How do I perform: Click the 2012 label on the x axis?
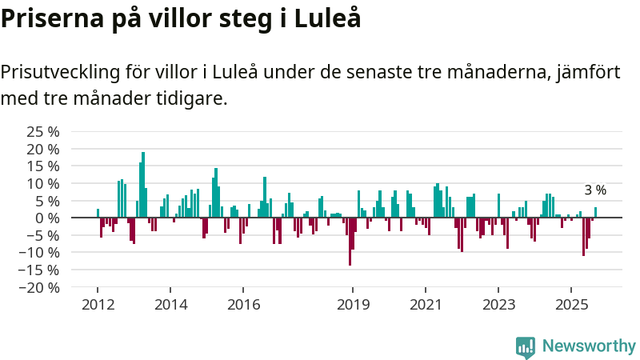(98, 305)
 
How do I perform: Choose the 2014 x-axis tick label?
(170, 305)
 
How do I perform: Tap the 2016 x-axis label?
(244, 305)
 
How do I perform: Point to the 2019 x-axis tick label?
(353, 305)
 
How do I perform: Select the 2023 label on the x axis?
(498, 305)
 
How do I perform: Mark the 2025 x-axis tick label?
(571, 305)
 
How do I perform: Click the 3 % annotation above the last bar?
(595, 190)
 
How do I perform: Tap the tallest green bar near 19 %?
(143, 185)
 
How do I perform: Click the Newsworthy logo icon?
(526, 346)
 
